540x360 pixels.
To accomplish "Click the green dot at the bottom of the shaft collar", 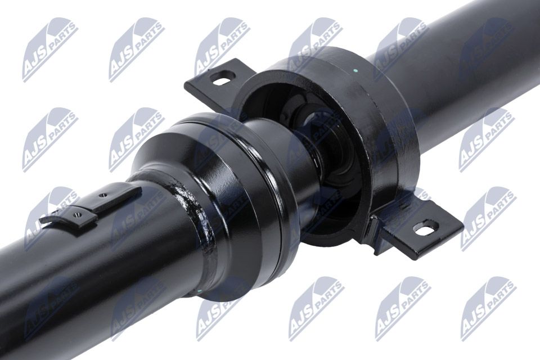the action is [199, 291].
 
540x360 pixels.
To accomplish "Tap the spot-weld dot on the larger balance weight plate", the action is [101, 196].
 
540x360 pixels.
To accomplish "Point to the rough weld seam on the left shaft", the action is [193, 220].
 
